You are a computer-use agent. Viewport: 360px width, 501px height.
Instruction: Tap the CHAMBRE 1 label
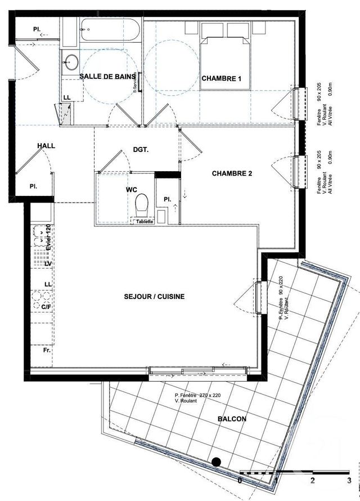(222, 79)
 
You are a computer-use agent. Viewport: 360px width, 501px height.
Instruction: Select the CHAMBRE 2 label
(232, 173)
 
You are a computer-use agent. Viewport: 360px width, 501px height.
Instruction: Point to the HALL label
(46, 146)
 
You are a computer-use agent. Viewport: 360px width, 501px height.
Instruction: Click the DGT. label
(140, 150)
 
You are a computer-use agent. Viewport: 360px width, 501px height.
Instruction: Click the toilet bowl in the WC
(142, 203)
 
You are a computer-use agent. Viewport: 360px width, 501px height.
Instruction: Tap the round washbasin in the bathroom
(71, 62)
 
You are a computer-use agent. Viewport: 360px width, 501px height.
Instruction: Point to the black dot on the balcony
(215, 462)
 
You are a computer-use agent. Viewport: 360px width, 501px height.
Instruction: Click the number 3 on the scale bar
(349, 481)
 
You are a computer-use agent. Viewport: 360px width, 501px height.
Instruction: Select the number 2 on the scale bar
(313, 481)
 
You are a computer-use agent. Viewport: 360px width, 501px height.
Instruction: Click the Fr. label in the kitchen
(47, 350)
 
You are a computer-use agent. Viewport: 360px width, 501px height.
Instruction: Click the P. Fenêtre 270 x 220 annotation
(197, 396)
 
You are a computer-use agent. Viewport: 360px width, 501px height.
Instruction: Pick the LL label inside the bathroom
(67, 97)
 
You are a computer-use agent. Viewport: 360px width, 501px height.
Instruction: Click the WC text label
(131, 190)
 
